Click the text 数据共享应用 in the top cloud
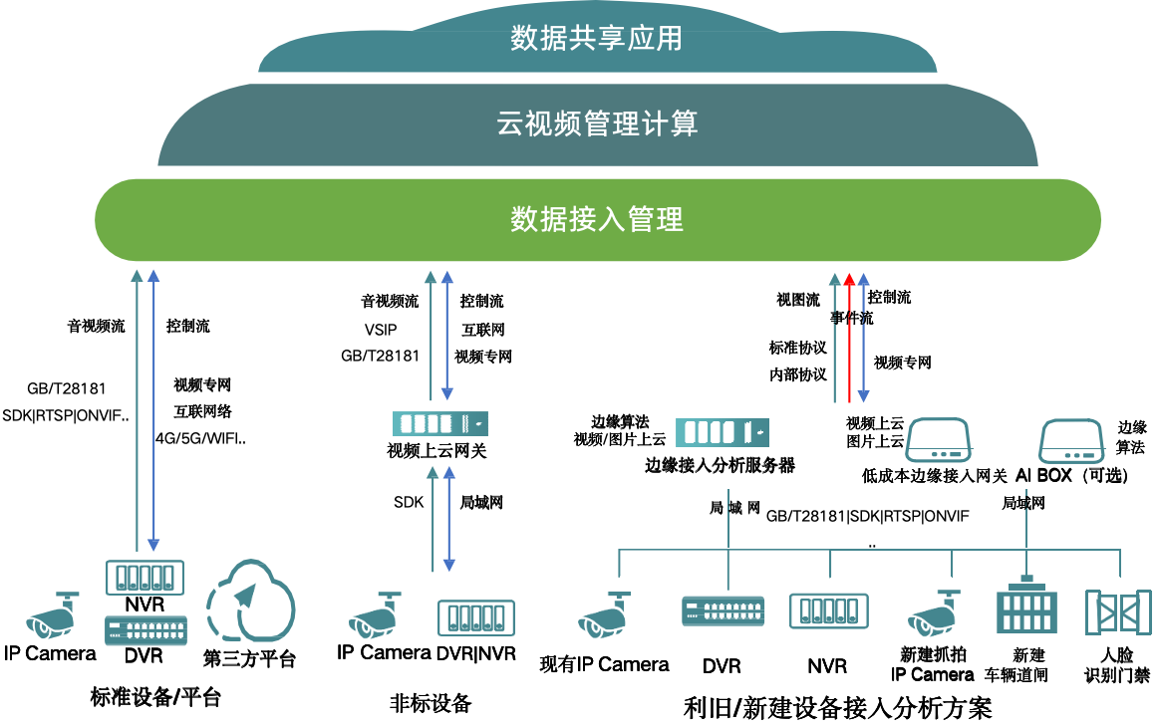pyautogui.click(x=596, y=39)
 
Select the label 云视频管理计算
pyautogui.click(x=597, y=123)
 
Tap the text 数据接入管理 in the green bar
pyautogui.click(x=597, y=219)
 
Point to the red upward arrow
pyautogui.click(x=849, y=338)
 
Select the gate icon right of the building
pyautogui.click(x=1118, y=611)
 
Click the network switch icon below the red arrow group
pyautogui.click(x=724, y=610)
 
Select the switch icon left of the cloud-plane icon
pyautogui.click(x=145, y=630)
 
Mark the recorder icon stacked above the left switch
pyautogui.click(x=145, y=577)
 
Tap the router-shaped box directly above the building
pyautogui.click(x=1071, y=440)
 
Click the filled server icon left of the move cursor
pyautogui.click(x=723, y=432)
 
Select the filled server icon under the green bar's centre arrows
pyautogui.click(x=440, y=424)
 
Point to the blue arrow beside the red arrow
pyautogui.click(x=863, y=338)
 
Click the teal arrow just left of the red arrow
pyautogui.click(x=835, y=338)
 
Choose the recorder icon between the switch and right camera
pyautogui.click(x=828, y=610)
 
